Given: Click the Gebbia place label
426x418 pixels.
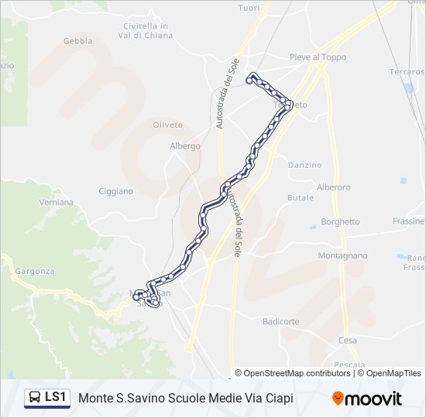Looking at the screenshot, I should [77, 41].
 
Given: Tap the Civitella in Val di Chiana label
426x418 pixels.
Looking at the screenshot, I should [146, 30].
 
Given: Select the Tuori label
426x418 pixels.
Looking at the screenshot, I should [249, 8].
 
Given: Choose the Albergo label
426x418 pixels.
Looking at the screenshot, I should [185, 146].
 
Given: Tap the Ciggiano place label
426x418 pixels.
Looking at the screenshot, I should [116, 191].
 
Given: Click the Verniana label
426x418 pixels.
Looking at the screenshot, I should [56, 202].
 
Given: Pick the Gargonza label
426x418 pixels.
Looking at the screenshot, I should [34, 272].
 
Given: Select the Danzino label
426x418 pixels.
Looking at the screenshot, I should [304, 165].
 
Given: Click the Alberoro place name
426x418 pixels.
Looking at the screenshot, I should [334, 187].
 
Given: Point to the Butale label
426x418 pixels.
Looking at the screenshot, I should [301, 197].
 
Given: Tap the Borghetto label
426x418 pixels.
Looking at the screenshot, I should [340, 222].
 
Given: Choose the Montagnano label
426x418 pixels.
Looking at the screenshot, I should [342, 255].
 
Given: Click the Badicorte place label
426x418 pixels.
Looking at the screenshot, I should [280, 321].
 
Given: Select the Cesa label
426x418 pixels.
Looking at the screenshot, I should [348, 341].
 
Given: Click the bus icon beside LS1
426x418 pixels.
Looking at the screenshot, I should [35, 398].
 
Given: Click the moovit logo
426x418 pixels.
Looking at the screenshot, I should [367, 399].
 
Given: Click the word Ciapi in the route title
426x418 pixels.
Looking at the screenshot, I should [278, 399].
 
